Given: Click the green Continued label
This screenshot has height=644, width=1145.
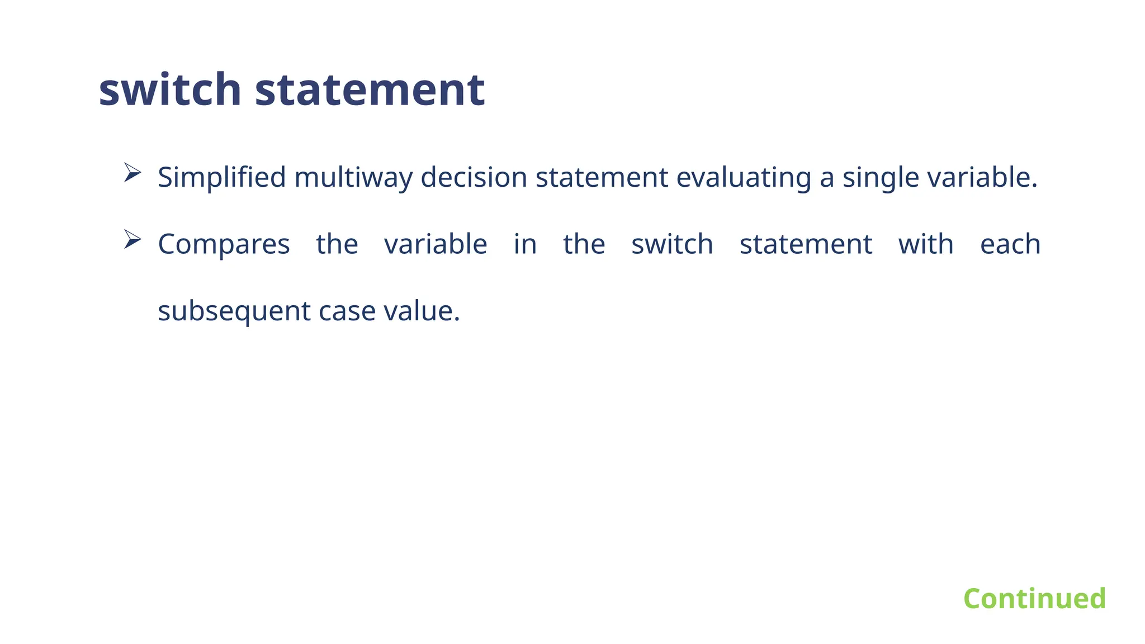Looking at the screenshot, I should point(1034,599).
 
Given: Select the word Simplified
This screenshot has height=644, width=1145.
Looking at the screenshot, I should point(221,178).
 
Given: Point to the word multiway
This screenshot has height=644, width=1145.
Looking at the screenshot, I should point(353,178).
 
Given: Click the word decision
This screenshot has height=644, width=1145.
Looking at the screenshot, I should point(474,178).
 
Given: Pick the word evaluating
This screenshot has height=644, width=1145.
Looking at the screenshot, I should point(744,178).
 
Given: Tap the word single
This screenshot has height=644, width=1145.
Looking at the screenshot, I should point(881,178).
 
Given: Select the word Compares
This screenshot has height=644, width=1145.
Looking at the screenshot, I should point(224,245).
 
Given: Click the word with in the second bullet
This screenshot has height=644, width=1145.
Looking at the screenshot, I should point(926,244).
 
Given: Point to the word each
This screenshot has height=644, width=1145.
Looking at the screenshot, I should point(1010,244).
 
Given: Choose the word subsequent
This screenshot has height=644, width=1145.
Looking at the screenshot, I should point(234,311).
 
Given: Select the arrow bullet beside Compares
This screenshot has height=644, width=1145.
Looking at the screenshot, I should point(132,239).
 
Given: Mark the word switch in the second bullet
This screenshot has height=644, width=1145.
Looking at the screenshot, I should point(672,244).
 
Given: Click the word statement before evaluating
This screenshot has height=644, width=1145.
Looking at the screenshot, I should point(602,178).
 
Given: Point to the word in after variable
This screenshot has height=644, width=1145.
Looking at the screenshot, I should point(525,244).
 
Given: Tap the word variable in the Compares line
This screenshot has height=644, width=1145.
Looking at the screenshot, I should point(436,244).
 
